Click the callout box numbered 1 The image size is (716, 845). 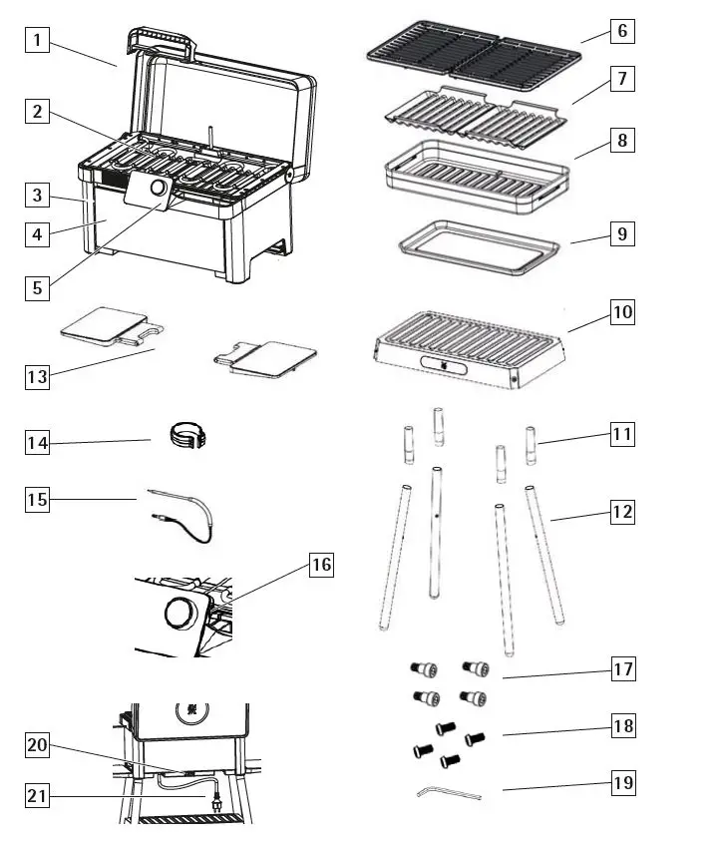tap(37, 41)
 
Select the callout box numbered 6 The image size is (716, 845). tap(622, 31)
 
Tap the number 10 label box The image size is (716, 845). tap(622, 312)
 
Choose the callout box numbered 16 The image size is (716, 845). tap(320, 566)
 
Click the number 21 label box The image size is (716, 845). tap(37, 796)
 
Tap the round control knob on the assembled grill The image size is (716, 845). tap(159, 189)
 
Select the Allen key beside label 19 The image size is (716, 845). tap(447, 794)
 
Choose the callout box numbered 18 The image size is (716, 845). tap(622, 726)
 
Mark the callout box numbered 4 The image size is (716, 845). tap(37, 235)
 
